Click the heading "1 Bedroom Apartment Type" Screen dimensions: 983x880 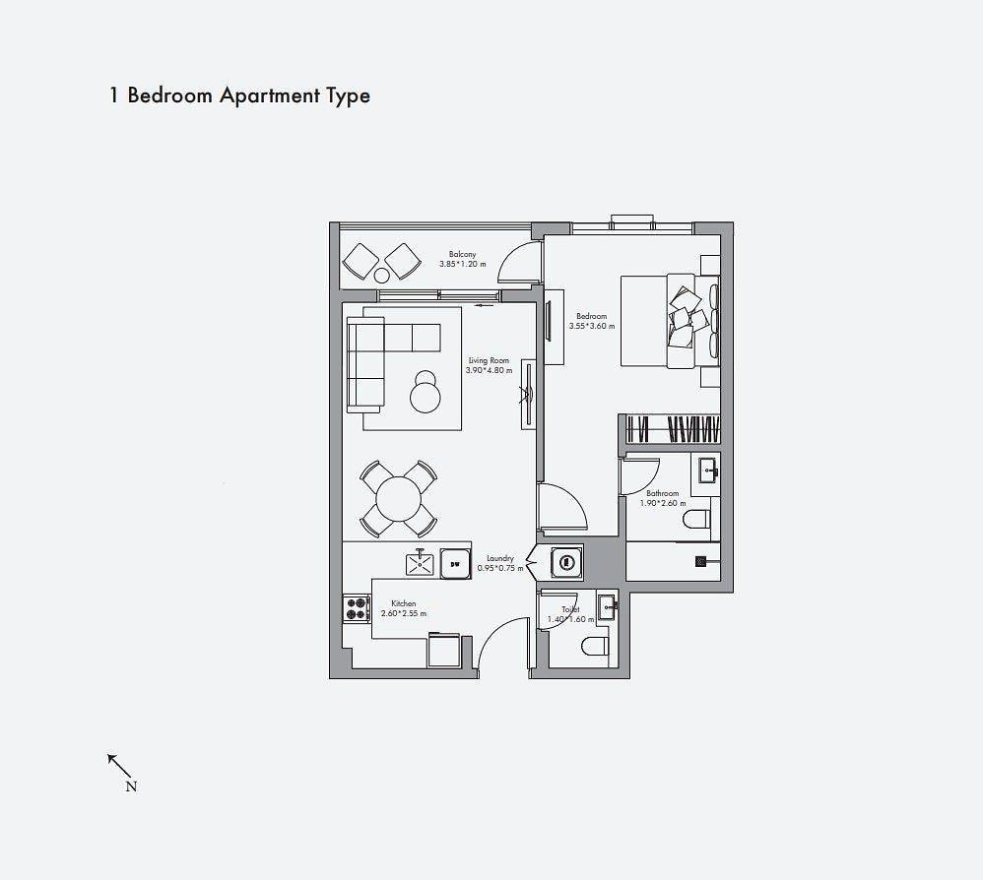tap(239, 95)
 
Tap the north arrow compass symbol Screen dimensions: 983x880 tap(121, 772)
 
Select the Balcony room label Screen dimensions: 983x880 tap(463, 254)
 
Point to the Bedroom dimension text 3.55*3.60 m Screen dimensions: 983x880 tap(592, 327)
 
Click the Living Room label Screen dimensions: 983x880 tap(489, 361)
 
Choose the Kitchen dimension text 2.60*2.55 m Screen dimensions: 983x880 tap(404, 614)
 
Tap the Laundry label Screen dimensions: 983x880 tap(500, 558)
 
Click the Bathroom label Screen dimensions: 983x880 tap(663, 493)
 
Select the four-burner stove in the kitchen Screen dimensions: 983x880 tap(357, 608)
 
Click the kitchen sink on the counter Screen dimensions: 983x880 tap(420, 562)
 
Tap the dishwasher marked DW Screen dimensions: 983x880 tap(456, 564)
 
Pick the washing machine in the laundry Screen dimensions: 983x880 tap(566, 561)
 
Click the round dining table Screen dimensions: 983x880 tap(399, 498)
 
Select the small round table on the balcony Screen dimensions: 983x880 tap(382, 275)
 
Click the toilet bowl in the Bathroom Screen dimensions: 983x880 tap(696, 519)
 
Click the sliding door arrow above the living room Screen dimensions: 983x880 tap(484, 306)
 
